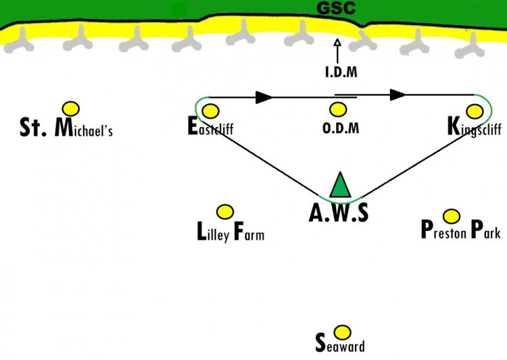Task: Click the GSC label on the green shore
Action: (x=336, y=8)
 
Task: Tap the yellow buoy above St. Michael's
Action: (x=71, y=109)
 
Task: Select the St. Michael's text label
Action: (x=66, y=128)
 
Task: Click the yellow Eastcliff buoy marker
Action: (x=210, y=111)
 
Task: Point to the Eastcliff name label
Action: (x=210, y=126)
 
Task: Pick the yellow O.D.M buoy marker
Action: (x=338, y=109)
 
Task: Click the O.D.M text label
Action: (x=341, y=128)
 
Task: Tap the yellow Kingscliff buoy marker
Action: (x=475, y=111)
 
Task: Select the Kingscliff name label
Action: (x=475, y=127)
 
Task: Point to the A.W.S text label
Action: (x=339, y=213)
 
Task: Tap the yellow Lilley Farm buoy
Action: (x=224, y=211)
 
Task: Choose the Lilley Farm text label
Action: (x=231, y=232)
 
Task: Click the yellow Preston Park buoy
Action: (x=452, y=216)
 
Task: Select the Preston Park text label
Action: (x=461, y=230)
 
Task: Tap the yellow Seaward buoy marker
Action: (x=342, y=332)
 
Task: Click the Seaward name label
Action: (x=340, y=343)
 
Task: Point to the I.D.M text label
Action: (x=341, y=72)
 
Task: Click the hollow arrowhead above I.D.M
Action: (x=337, y=43)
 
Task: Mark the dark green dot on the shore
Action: (x=179, y=11)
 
